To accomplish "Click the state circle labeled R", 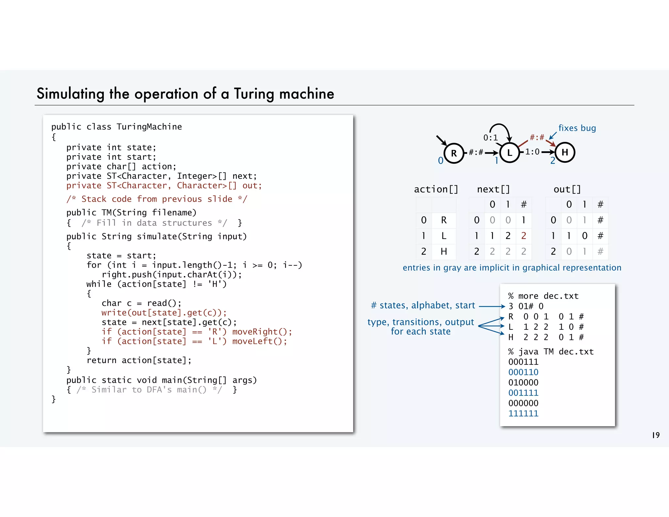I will tap(454, 153).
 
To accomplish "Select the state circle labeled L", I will tap(509, 153).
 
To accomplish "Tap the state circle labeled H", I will tap(565, 152).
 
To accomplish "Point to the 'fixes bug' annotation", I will tap(577, 128).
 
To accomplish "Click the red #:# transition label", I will tap(537, 137).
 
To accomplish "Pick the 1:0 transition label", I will tap(532, 152).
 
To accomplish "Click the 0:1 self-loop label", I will tap(490, 138).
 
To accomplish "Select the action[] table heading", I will tap(436, 189).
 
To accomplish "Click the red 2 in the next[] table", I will tap(524, 236).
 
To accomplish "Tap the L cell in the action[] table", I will tap(444, 236).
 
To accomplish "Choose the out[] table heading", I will tap(567, 189).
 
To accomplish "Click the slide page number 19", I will tap(656, 435).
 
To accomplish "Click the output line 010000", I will tap(523, 382).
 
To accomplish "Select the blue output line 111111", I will tap(523, 413).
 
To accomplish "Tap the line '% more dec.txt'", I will tap(543, 296).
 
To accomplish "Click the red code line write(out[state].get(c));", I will tap(164, 313).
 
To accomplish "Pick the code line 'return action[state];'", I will tap(139, 360).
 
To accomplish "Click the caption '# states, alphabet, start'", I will tap(423, 306).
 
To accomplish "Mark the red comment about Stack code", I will tap(157, 199).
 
